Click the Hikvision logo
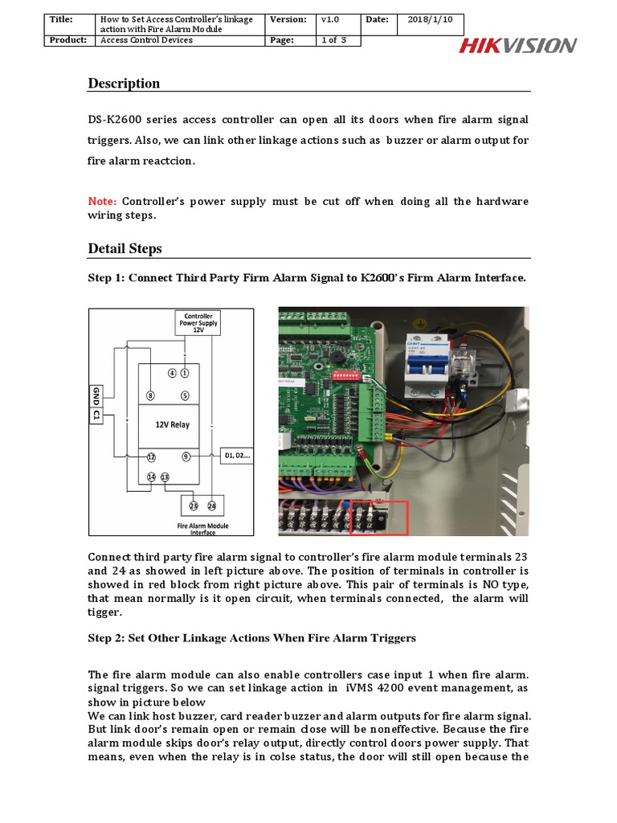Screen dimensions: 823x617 pyautogui.click(x=517, y=45)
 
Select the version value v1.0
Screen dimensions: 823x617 pyautogui.click(x=329, y=19)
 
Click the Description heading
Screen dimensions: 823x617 pyautogui.click(x=124, y=84)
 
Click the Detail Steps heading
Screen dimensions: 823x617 pyautogui.click(x=125, y=249)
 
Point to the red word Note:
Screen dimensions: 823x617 pyautogui.click(x=102, y=201)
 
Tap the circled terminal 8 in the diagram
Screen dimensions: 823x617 pyautogui.click(x=150, y=395)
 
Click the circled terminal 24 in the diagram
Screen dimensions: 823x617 pyautogui.click(x=212, y=506)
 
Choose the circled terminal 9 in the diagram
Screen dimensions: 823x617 pyautogui.click(x=186, y=457)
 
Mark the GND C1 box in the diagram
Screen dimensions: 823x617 pyautogui.click(x=96, y=403)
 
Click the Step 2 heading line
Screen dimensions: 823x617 pyautogui.click(x=251, y=638)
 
